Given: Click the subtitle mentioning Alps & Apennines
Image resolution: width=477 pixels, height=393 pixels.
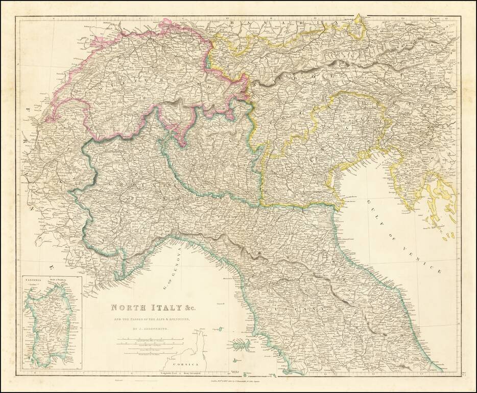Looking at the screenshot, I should (148, 318).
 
